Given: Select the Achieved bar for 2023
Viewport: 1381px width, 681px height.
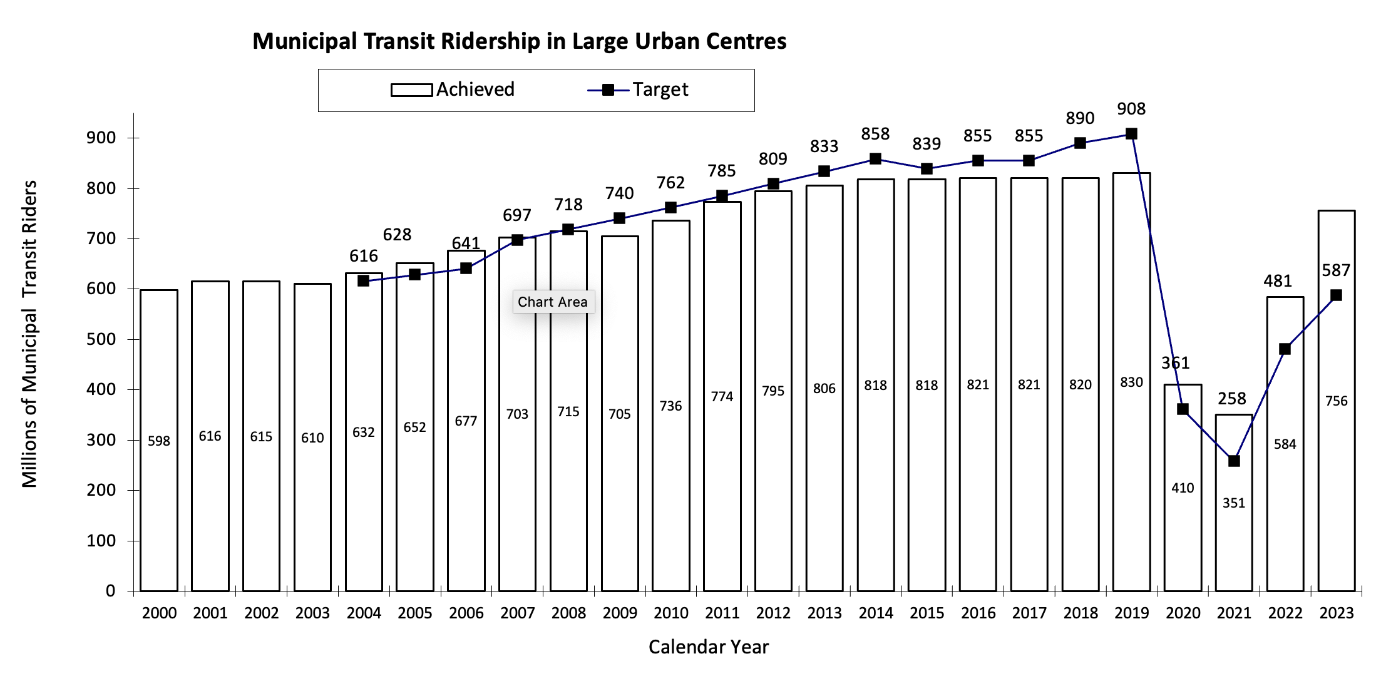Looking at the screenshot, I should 1336,501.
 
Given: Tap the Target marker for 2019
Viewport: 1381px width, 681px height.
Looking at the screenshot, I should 1131,134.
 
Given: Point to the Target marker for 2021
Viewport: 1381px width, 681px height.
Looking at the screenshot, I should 1234,461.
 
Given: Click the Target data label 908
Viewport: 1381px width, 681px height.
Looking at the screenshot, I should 1131,109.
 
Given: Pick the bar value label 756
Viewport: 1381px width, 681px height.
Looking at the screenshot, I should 1336,401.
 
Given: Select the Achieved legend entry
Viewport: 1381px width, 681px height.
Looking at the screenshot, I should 453,90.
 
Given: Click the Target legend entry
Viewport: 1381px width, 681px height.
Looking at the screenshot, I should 638,90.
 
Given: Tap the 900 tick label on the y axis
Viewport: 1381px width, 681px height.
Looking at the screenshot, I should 101,138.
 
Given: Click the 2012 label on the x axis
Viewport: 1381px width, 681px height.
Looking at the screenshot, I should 773,613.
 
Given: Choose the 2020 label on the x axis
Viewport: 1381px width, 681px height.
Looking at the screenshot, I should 1183,613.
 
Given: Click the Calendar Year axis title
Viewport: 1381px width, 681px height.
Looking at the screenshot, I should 708,647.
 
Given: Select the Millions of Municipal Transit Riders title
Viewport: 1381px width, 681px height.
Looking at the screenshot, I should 29,334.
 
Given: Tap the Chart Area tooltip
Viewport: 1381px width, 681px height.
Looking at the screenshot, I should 552,302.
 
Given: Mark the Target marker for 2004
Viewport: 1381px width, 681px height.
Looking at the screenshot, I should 363,281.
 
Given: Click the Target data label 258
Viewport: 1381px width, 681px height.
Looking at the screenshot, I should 1231,399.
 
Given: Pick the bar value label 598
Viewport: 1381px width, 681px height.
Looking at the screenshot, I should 159,441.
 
